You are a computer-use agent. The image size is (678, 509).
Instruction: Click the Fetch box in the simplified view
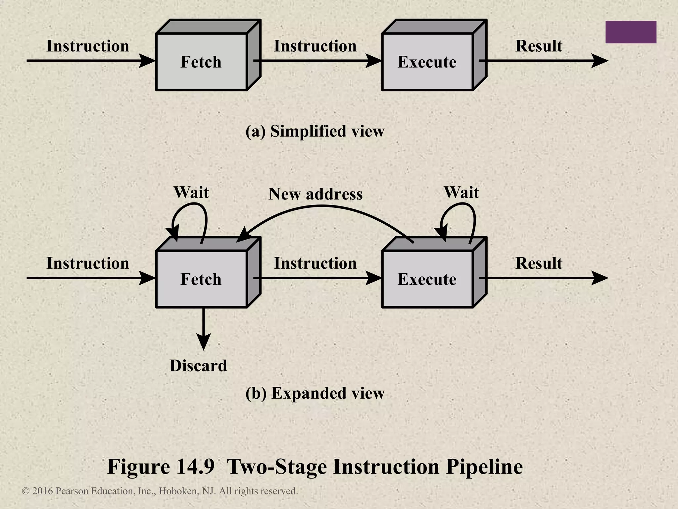coord(201,62)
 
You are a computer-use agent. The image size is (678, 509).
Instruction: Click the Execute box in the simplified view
coord(427,62)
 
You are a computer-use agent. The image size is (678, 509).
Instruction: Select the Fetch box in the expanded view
coord(201,279)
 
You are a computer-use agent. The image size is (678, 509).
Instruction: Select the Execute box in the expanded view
coord(427,279)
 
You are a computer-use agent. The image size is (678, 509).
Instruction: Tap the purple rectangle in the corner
coord(631,32)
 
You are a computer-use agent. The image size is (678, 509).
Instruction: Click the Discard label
coord(198,366)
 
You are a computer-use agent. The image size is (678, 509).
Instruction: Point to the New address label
coord(315,194)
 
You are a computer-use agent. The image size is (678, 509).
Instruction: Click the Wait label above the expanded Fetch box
coord(191,192)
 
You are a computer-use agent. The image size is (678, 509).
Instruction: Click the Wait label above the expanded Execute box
coord(461,192)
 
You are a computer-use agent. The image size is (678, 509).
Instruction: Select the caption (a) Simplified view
coord(315,131)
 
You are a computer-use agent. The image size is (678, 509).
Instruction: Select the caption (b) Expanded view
coord(315,393)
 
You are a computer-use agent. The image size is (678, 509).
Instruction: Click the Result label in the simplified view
coord(539,46)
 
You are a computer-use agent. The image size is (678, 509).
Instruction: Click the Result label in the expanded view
coord(539,263)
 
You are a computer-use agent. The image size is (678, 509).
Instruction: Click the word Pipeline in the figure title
coord(484,467)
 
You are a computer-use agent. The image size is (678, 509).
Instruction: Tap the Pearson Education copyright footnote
coord(160,491)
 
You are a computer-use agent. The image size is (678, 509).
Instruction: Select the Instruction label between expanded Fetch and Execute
coord(315,263)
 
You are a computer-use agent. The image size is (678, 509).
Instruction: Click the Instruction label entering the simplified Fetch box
coord(88,46)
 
